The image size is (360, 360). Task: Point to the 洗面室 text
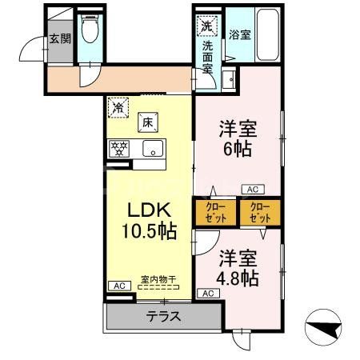coord(206,57)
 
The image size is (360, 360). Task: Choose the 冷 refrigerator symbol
coord(118,105)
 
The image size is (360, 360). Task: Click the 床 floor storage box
coord(149,122)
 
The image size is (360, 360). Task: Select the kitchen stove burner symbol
coord(119,148)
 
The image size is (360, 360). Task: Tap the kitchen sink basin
coord(152,148)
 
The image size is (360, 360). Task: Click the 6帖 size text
coord(237,150)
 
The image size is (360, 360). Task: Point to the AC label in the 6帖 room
coord(252,189)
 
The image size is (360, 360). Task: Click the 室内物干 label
coord(158,279)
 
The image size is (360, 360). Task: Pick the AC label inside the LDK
coord(118,286)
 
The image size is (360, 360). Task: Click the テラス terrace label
coord(162,316)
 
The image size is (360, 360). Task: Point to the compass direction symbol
coord(325,327)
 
